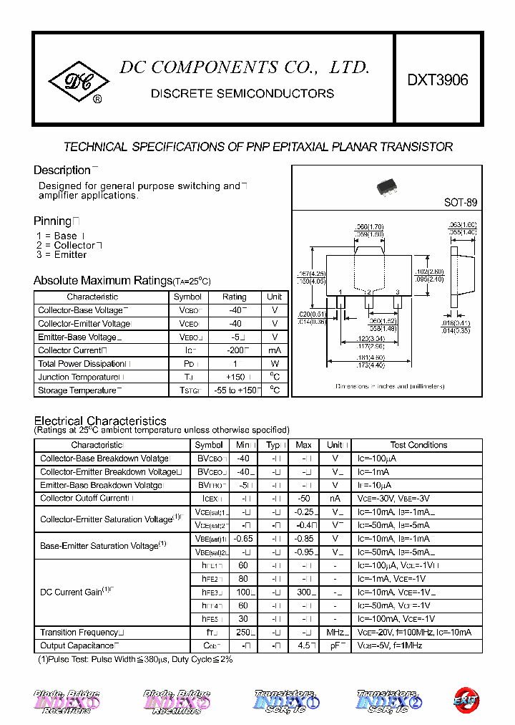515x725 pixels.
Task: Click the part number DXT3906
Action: (x=438, y=80)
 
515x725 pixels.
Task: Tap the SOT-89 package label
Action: (x=460, y=203)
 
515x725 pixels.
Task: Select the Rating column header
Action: (x=234, y=297)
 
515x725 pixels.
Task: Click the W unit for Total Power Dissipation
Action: (x=275, y=363)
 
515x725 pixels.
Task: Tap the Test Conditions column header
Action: (x=418, y=445)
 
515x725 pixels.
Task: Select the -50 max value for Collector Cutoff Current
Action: (x=304, y=498)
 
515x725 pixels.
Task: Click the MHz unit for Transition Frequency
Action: (x=333, y=633)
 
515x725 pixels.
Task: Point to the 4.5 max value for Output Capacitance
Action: (x=303, y=645)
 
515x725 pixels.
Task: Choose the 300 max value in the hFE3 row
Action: (x=303, y=592)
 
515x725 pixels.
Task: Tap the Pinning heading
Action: (x=53, y=221)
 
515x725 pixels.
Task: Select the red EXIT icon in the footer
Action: (x=468, y=700)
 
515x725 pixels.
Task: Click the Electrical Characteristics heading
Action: (x=100, y=421)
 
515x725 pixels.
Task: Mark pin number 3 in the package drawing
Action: (x=397, y=292)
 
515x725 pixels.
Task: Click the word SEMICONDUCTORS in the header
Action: (x=283, y=93)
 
